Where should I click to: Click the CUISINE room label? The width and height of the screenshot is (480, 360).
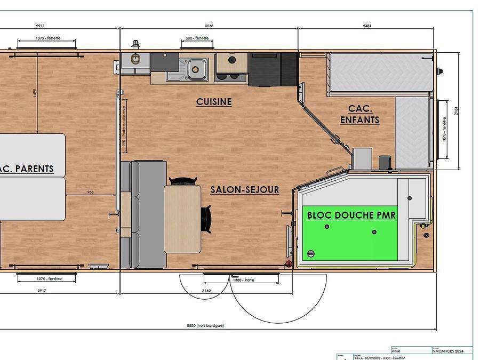point(214,101)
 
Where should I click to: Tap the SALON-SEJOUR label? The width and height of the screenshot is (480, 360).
point(244,189)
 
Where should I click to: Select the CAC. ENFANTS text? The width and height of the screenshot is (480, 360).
point(360,114)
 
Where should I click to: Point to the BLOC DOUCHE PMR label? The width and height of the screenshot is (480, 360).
point(351,215)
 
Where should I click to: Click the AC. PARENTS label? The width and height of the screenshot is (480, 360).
point(27,169)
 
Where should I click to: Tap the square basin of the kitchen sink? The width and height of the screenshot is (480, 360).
point(197,68)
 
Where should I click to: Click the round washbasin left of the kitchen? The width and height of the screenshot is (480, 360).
point(135,59)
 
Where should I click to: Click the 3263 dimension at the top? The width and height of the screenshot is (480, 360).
point(210,25)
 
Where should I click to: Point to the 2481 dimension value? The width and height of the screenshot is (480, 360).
point(366,25)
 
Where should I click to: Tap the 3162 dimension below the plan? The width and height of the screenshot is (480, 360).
point(206,291)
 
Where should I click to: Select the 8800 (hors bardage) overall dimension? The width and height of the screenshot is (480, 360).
point(205,325)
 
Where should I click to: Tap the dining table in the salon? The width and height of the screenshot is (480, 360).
point(182,219)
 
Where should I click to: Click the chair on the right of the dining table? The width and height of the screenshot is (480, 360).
point(206,219)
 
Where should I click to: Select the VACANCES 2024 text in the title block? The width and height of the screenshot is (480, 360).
point(449,351)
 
